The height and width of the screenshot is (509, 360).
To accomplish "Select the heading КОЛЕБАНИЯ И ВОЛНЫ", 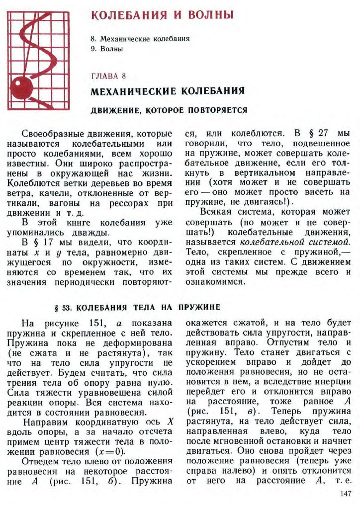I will (162, 15).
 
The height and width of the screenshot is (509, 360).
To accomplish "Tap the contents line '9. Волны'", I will (107, 49).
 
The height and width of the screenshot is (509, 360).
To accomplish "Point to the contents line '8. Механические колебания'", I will (140, 38).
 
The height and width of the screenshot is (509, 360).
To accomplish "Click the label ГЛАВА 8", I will (108, 76).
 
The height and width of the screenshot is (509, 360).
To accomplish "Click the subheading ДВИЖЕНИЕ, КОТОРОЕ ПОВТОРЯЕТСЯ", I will (169, 109).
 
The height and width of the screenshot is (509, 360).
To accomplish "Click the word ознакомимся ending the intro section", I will (214, 282).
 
